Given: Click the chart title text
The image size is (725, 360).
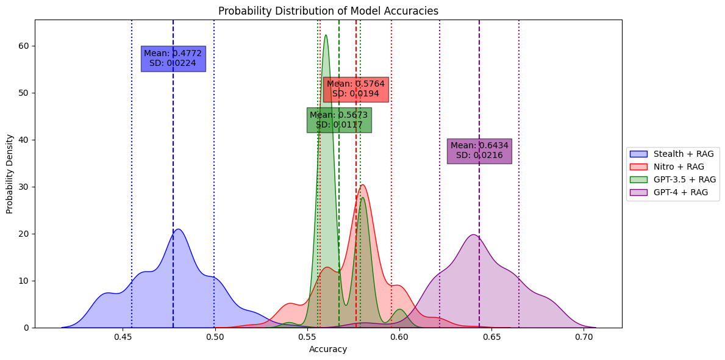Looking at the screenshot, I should tap(328, 11).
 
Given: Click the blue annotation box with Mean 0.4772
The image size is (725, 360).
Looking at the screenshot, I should tap(173, 59).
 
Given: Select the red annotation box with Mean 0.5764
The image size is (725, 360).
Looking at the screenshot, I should tap(355, 89).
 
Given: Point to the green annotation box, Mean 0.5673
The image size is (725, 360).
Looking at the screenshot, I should tap(339, 120).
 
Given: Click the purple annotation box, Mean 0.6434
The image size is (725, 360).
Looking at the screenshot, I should tap(479, 151).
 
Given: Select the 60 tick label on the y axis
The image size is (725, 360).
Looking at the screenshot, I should tap(23, 46).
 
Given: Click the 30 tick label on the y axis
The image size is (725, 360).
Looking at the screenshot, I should tap(23, 187).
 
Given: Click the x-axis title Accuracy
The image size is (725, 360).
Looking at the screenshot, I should tap(328, 350).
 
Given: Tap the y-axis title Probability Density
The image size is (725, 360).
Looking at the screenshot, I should tap(10, 174).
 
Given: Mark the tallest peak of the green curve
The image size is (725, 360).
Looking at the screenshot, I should tap(326, 35).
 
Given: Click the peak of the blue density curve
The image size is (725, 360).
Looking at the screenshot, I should tap(178, 229).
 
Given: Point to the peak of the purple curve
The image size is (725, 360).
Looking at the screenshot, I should tap(473, 234).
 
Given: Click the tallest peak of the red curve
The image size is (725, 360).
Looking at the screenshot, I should tap(363, 185).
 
